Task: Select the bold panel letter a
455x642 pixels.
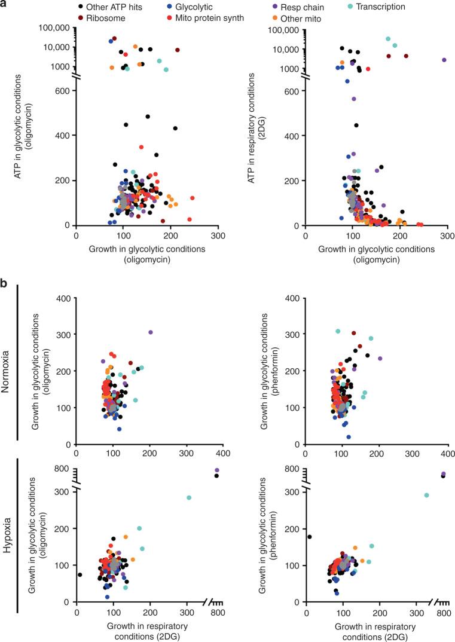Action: click(4, 4)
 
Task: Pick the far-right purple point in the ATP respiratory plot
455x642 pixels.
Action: click(444, 60)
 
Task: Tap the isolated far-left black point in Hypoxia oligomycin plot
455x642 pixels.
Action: click(80, 574)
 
